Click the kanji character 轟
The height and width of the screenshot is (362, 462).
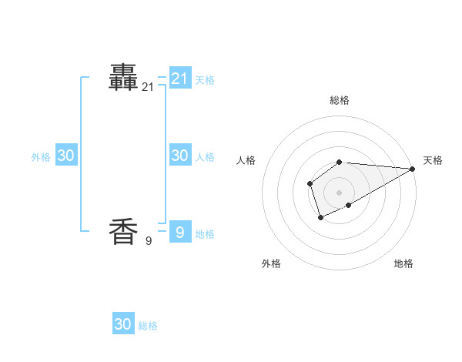pyautogui.click(x=123, y=77)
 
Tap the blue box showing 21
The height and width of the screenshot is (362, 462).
pyautogui.click(x=180, y=78)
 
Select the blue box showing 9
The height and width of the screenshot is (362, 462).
pyautogui.click(x=180, y=232)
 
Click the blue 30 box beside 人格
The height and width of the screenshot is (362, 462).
pyautogui.click(x=180, y=155)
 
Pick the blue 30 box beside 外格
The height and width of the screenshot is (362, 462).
pyautogui.click(x=66, y=155)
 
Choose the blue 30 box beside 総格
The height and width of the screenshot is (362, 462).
pyautogui.click(x=123, y=324)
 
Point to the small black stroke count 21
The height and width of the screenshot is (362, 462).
pyautogui.click(x=148, y=88)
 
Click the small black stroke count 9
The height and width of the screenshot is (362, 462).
pyautogui.click(x=148, y=241)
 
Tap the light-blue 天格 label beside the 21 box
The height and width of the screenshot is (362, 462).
pyautogui.click(x=205, y=80)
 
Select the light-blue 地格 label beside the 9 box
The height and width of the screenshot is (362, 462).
pyautogui.click(x=205, y=234)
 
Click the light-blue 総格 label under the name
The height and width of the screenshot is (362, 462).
pyautogui.click(x=148, y=327)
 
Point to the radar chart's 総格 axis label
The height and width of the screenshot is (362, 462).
pyautogui.click(x=340, y=100)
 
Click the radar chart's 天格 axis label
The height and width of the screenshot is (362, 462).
pyautogui.click(x=433, y=160)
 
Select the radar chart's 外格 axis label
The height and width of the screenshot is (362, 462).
pyautogui.click(x=271, y=263)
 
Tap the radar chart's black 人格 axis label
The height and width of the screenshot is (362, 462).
pyautogui.click(x=246, y=160)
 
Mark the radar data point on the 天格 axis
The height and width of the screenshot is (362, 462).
pyautogui.click(x=413, y=169)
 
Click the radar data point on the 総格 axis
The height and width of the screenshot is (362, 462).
pyautogui.click(x=340, y=162)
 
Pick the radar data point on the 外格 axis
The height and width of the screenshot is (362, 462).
pyautogui.click(x=321, y=218)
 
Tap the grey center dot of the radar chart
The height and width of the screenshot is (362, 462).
pyautogui.click(x=340, y=193)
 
